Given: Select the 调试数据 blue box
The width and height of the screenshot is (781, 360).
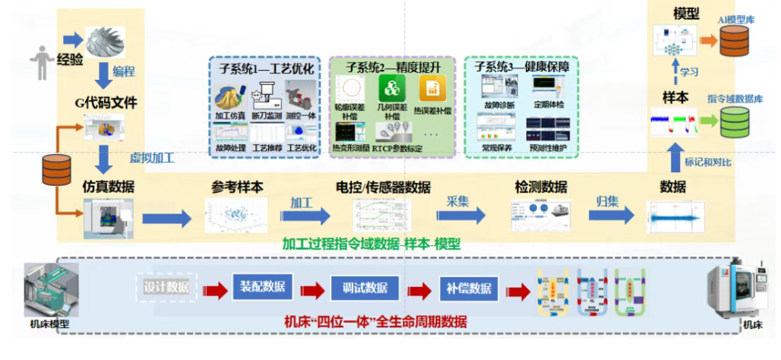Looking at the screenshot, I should pyautogui.click(x=359, y=288).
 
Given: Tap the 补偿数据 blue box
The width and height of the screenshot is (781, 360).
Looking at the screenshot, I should pyautogui.click(x=468, y=288).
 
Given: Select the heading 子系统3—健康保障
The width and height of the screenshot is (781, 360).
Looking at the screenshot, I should pyautogui.click(x=522, y=67).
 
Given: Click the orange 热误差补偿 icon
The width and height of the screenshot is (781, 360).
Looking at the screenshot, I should pyautogui.click(x=433, y=88).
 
